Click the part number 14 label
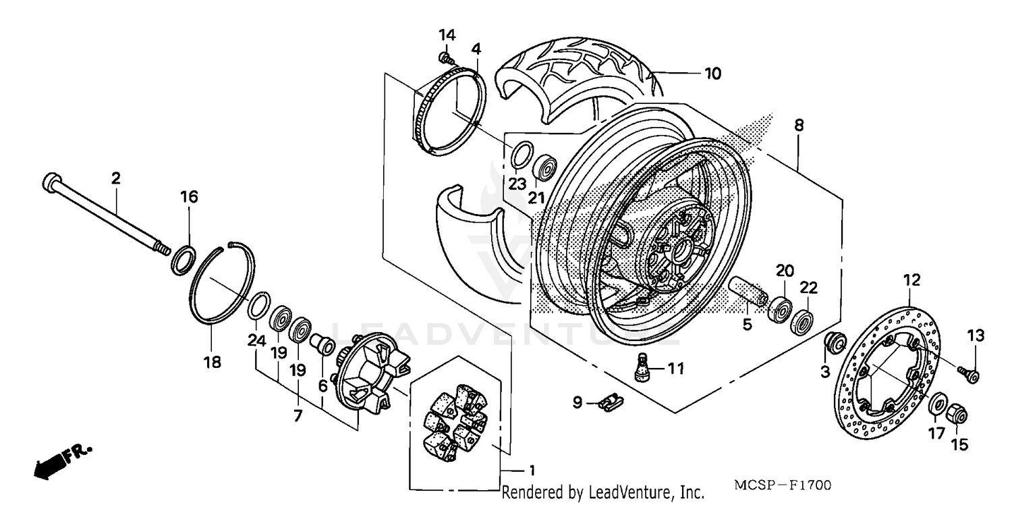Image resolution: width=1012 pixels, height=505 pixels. pos(447,34)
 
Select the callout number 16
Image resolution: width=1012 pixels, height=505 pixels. pos(189,196)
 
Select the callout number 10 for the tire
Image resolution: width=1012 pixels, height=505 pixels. pos(713,73)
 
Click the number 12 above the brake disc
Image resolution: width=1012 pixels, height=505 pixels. pos(911,279)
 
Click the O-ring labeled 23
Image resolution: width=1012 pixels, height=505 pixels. pos(519,155)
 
